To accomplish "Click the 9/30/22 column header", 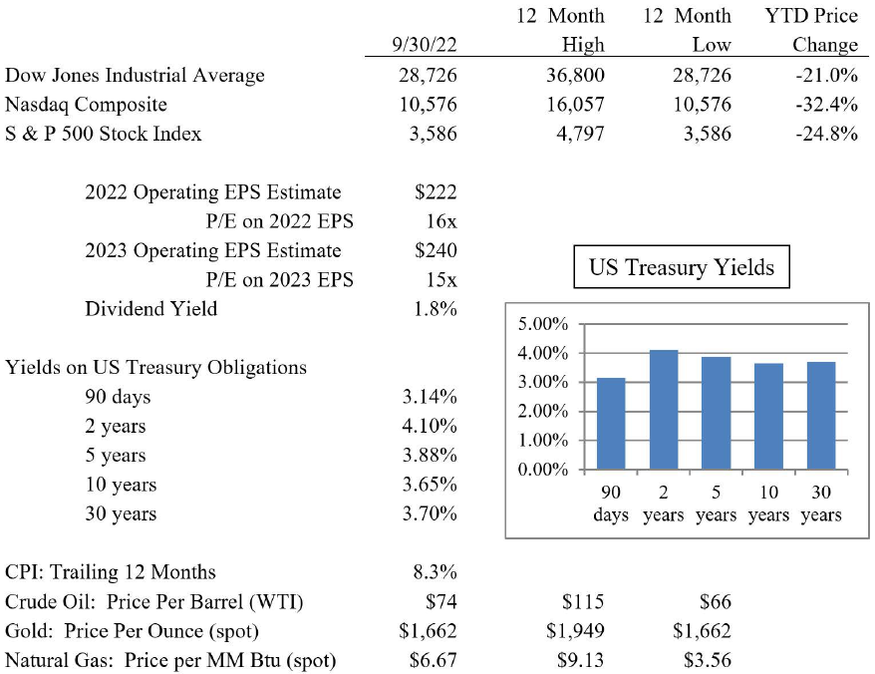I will [x=425, y=45].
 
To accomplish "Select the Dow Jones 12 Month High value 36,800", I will [x=573, y=75].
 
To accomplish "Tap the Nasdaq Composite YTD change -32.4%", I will [x=825, y=104].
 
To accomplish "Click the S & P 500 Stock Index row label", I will [x=104, y=133].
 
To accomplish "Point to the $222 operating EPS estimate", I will [x=434, y=192].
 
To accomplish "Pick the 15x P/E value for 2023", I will [x=439, y=279].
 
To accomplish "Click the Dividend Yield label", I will [x=150, y=308].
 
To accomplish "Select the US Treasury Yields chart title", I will [x=682, y=267].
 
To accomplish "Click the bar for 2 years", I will [x=663, y=410].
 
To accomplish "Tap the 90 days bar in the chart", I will [x=611, y=424].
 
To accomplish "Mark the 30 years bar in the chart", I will [x=820, y=416].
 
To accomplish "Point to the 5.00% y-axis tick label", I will [x=543, y=325].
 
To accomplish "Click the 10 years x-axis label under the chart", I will [x=768, y=504].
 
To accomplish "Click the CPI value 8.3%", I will [x=435, y=572].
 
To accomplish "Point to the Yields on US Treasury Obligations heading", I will [x=155, y=367].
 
